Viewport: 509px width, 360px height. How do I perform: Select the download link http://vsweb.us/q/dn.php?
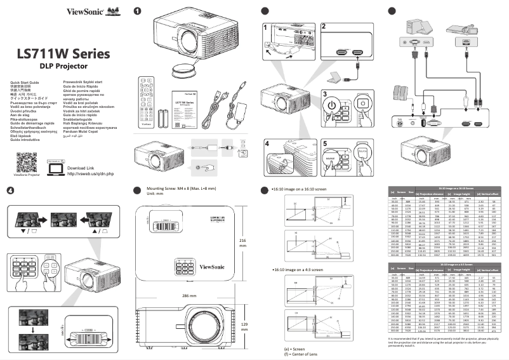click(x=90, y=173)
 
